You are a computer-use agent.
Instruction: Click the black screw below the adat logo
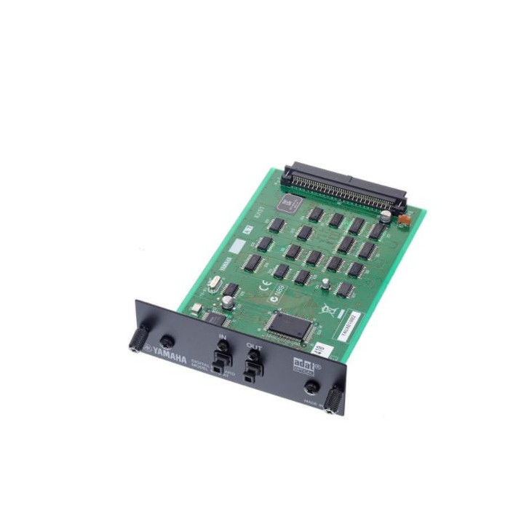point(312,387)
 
